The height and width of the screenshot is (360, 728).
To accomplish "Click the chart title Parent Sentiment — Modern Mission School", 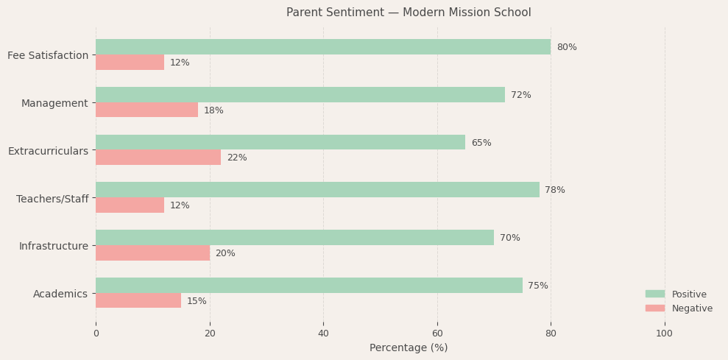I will [409, 13].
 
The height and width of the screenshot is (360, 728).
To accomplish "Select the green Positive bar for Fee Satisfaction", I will [322, 47].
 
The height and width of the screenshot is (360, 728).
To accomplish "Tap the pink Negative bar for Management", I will [146, 110].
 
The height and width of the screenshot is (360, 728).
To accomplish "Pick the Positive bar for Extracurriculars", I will [280, 143].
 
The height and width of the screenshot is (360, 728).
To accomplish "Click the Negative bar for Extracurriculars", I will [158, 158].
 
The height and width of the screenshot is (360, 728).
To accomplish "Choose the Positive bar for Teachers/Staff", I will [317, 190].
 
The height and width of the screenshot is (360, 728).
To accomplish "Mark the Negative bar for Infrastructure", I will [152, 253].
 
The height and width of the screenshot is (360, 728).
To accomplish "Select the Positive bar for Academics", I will [308, 286].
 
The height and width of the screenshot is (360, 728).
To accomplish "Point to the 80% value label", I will [566, 47].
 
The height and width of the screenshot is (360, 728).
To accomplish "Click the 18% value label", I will [213, 110].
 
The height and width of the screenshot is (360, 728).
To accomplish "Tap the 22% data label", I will [236, 158].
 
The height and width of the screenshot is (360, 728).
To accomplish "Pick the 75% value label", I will [537, 286].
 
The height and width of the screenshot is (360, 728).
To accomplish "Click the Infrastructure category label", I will [53, 246].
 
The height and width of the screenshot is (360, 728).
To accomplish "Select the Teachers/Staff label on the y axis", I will [52, 199].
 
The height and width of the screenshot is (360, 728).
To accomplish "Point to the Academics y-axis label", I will [60, 294].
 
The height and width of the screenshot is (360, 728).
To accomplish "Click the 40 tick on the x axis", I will [323, 333].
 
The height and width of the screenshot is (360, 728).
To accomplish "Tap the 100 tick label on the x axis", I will [664, 333].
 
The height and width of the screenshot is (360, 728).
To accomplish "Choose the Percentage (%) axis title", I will [409, 347].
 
